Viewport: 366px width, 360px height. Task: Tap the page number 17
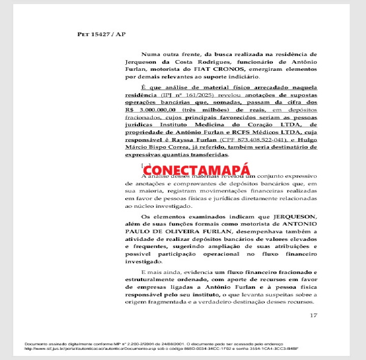pyautogui.click(x=313, y=316)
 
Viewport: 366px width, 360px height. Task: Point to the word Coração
pyautogui.click(x=253, y=124)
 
